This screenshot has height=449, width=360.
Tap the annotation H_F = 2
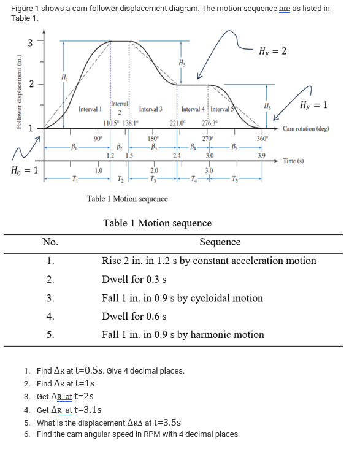coord(273,51)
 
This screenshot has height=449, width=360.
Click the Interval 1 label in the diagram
coord(90,109)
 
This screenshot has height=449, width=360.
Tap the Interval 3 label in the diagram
coord(151,109)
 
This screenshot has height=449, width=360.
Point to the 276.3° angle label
coord(210,123)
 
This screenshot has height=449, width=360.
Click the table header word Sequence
coord(220,242)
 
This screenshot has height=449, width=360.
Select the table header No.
coord(50,242)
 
